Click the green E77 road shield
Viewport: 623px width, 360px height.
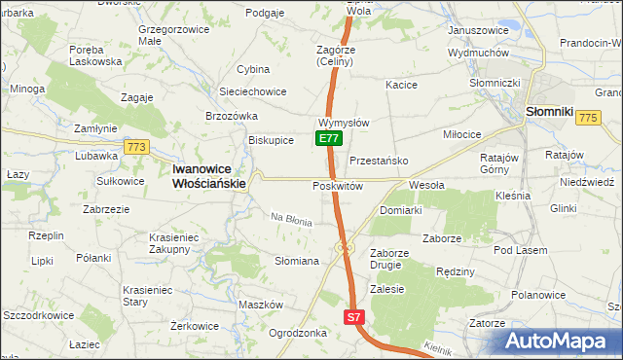[328, 139]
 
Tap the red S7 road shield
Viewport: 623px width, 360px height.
[355, 317]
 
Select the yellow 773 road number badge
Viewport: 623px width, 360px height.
[135, 147]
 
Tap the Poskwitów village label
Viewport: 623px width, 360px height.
[338, 185]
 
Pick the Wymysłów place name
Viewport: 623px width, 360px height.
[342, 124]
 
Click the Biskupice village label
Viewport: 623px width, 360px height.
[271, 140]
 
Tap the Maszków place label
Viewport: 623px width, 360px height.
[260, 305]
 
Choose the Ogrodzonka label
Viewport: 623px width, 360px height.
[297, 333]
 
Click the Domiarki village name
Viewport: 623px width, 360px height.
[400, 210]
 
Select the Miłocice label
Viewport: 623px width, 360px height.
[462, 134]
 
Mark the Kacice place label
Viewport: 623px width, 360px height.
[401, 86]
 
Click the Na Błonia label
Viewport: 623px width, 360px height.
[291, 221]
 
